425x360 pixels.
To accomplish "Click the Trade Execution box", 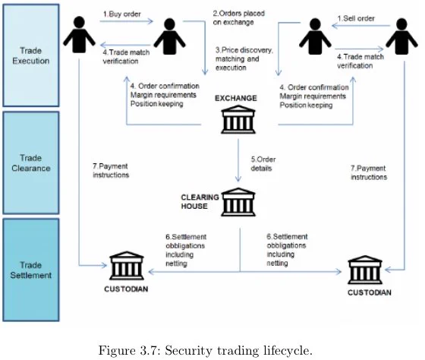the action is tap(31, 55).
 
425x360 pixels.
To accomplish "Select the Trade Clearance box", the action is tap(31, 163).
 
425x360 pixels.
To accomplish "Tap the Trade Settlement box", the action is tap(31, 270).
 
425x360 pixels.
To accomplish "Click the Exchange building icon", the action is tap(238, 120).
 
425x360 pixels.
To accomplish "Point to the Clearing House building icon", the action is tap(238, 202).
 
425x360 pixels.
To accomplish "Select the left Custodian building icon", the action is tap(127, 265).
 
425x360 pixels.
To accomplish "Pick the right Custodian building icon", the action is tap(365, 270).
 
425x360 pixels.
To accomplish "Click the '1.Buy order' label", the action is tap(122, 14).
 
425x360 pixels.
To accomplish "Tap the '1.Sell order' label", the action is tap(356, 18).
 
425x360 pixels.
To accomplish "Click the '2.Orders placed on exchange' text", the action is tap(238, 17).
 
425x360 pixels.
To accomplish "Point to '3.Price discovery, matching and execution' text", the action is tap(244, 59).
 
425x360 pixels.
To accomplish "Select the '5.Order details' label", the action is tap(263, 164).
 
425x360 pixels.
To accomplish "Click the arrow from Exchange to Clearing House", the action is tap(238, 160).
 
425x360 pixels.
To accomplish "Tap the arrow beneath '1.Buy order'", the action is tap(127, 21).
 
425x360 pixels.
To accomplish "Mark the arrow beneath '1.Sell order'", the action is tap(360, 26).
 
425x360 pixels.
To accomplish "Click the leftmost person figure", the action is tap(79, 34).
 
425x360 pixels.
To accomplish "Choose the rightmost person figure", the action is tap(401, 36).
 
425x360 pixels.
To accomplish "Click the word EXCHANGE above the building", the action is tap(236, 98).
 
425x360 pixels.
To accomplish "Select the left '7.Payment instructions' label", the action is tap(111, 170).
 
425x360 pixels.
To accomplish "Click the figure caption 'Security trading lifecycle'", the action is tap(238, 350).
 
